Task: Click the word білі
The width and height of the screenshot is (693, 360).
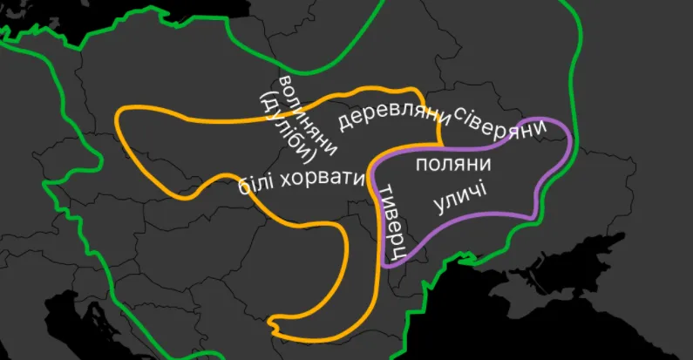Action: click(x=258, y=186)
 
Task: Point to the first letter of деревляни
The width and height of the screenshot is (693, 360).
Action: click(x=345, y=124)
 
